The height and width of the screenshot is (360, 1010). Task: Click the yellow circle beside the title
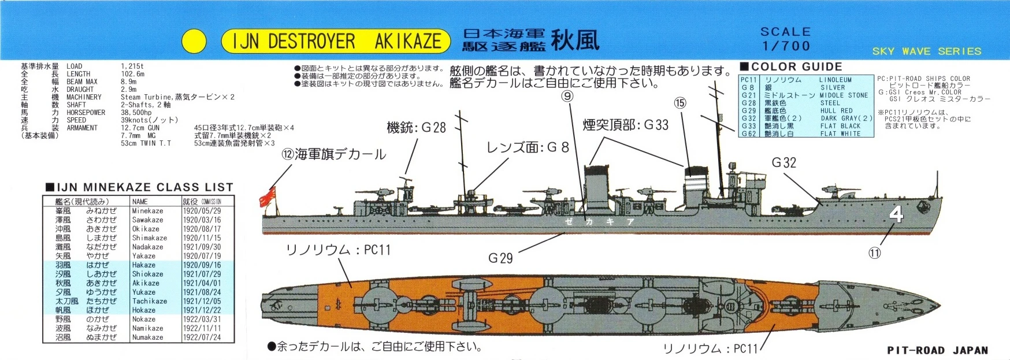tap(194, 41)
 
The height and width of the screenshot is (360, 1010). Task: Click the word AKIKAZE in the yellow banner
tap(408, 41)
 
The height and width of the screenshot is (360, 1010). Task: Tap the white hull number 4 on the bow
tap(896, 215)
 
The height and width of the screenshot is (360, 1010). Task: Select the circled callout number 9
tap(567, 97)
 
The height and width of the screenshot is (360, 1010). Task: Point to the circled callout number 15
tap(680, 103)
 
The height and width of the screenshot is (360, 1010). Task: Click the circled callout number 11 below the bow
tap(875, 253)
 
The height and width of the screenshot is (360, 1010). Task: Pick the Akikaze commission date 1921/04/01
tap(202, 283)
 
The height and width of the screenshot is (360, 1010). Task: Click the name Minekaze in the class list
tap(147, 211)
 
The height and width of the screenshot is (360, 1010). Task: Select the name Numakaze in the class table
tap(147, 337)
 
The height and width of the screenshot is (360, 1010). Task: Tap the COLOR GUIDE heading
tap(796, 66)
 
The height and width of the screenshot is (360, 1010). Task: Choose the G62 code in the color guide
tap(748, 133)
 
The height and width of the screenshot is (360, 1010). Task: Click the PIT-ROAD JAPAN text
tap(937, 350)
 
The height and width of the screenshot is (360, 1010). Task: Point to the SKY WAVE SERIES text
tap(927, 51)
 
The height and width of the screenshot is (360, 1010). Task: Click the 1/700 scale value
tap(786, 46)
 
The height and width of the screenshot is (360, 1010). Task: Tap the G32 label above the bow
tap(784, 163)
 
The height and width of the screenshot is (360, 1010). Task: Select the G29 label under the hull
tap(500, 258)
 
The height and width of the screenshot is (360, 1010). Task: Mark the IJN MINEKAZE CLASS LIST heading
tap(139, 187)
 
